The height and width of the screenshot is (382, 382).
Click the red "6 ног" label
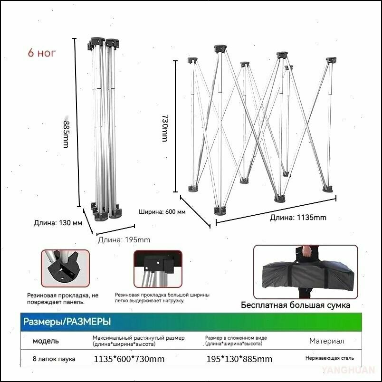click(x=42, y=53)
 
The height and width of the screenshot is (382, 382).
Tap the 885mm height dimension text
click(x=66, y=134)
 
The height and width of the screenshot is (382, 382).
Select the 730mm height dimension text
click(x=165, y=128)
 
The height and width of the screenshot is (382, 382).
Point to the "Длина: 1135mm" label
click(x=298, y=217)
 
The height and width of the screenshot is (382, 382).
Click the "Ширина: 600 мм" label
click(x=162, y=212)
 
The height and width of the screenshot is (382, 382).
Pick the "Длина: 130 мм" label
click(x=58, y=223)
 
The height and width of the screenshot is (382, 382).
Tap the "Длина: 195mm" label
click(x=124, y=240)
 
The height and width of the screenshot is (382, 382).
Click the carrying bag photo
click(x=306, y=272)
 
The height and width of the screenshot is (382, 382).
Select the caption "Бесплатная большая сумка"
click(x=296, y=305)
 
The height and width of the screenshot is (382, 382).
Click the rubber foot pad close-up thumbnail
click(x=65, y=268)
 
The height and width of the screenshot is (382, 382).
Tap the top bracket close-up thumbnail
click(x=158, y=269)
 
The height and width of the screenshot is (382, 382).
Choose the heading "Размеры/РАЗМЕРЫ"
click(x=67, y=322)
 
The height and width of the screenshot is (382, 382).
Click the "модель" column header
click(x=46, y=341)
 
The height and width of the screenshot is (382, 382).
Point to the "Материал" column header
click(x=327, y=341)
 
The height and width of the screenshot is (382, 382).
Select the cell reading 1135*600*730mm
click(x=129, y=359)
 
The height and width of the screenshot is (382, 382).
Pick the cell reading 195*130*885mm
click(x=239, y=359)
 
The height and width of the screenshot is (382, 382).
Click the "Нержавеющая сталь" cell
click(x=330, y=358)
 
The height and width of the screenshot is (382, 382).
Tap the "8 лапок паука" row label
click(x=54, y=359)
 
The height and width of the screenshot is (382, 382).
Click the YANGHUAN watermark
click(x=348, y=370)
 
